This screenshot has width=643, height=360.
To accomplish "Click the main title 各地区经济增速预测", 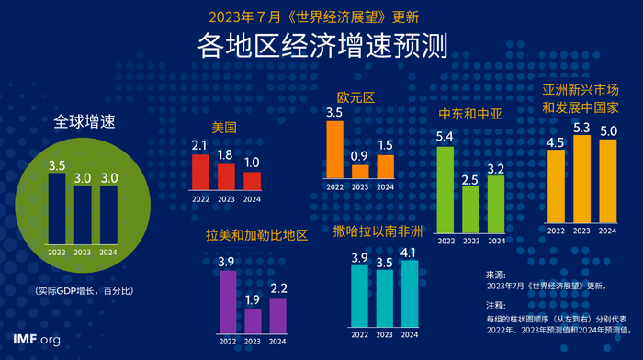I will pyautogui.click(x=321, y=46).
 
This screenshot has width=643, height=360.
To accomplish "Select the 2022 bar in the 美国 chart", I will pyautogui.click(x=200, y=171).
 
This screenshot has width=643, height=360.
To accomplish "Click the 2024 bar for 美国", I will pyautogui.click(x=252, y=180).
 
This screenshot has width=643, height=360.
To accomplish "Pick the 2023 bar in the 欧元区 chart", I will pyautogui.click(x=360, y=171).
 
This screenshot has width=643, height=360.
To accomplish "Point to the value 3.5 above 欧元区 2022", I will pyautogui.click(x=334, y=113).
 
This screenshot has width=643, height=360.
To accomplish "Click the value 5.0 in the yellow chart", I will pyautogui.click(x=607, y=130).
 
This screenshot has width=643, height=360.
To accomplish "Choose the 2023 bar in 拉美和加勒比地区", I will pyautogui.click(x=253, y=321).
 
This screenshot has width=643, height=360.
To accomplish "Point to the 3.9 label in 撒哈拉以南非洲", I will pyautogui.click(x=360, y=256).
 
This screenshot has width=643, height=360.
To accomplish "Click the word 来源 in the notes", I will pyautogui.click(x=495, y=274).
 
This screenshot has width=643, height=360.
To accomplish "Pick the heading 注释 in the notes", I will pyautogui.click(x=495, y=304).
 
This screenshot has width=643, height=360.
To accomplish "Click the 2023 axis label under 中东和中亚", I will pyautogui.click(x=470, y=242).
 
